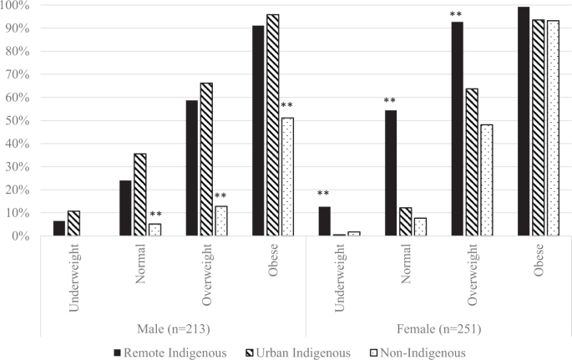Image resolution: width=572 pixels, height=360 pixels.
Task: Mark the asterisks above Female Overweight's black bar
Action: click(x=456, y=15)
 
